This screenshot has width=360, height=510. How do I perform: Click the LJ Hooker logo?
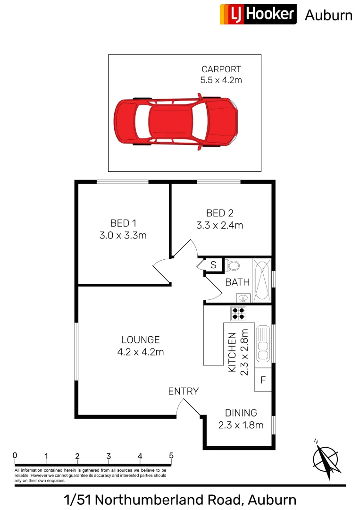(x=258, y=14)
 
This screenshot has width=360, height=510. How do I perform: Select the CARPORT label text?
(x=221, y=70)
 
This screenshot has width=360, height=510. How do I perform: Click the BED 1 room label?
(x=123, y=223)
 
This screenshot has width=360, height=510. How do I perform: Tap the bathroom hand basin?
(x=243, y=298)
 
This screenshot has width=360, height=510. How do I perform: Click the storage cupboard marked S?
(x=213, y=265)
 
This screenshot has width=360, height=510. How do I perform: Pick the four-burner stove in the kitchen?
(x=238, y=313)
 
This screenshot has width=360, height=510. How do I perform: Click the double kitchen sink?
(x=262, y=343)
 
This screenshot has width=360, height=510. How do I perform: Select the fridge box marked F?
(x=263, y=380)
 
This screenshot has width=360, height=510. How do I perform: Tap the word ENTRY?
(x=184, y=391)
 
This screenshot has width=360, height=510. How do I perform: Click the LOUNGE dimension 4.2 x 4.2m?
(x=141, y=352)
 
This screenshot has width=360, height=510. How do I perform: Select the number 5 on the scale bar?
(x=171, y=456)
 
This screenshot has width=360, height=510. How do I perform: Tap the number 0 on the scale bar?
(x=15, y=456)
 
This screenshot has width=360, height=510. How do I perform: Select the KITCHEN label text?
(x=232, y=352)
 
